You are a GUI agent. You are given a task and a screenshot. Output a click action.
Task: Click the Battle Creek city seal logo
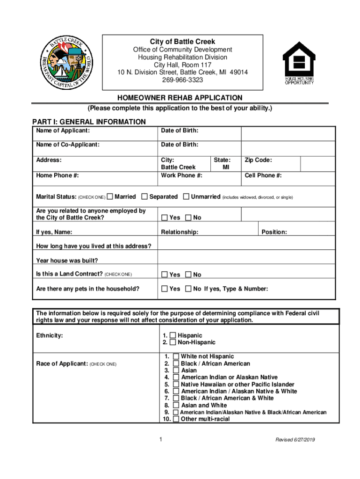point(67,62)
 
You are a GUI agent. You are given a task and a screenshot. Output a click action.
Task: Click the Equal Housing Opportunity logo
point(299,62)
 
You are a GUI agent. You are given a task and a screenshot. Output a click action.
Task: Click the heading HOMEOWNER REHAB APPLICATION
point(180,98)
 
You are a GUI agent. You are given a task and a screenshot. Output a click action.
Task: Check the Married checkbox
point(110,197)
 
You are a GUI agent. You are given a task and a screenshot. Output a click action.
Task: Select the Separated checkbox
point(144,197)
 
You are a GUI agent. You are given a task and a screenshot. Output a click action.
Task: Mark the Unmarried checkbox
point(186,197)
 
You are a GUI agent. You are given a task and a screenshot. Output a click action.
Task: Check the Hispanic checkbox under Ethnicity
point(173,335)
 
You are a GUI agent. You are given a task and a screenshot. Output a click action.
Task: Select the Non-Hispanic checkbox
point(173,342)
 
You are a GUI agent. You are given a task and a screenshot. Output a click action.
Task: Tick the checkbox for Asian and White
point(176,405)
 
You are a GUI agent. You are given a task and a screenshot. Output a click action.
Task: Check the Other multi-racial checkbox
point(176,419)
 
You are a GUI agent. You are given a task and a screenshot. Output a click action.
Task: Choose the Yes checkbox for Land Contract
point(164,275)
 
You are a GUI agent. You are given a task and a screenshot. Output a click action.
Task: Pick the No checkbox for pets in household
point(188,289)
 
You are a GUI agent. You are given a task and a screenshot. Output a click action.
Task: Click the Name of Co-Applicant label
point(68,145)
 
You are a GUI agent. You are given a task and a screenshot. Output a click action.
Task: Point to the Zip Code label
point(258,160)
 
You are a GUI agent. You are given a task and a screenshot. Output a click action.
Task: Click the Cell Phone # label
point(263,175)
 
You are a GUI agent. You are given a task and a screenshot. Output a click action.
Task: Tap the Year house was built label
point(67,261)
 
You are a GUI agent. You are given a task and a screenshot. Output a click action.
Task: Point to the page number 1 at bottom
point(160,440)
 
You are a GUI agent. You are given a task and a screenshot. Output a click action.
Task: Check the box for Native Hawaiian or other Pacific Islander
point(176,384)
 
